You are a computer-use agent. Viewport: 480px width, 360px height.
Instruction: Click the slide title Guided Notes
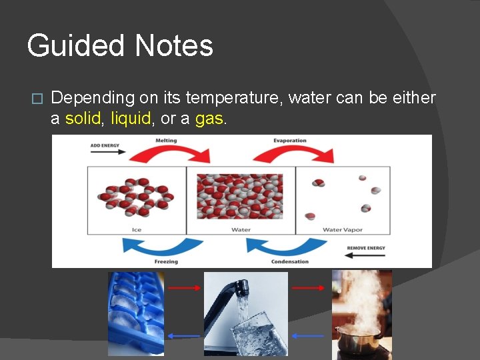coord(120,46)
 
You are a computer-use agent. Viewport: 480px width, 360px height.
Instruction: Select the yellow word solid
coord(84,119)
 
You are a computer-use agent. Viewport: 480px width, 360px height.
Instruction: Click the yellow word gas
coord(210,119)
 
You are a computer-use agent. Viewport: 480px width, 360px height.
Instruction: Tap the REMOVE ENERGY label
coord(366,248)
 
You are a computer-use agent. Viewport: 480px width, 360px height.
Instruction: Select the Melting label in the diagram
coord(166,141)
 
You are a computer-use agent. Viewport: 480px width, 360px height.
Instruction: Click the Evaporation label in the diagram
coord(289,141)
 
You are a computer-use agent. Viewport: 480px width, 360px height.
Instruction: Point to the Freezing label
coord(166,261)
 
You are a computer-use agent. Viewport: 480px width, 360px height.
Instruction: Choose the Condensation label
coord(289,261)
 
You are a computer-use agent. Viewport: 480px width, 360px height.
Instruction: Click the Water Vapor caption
coord(342,230)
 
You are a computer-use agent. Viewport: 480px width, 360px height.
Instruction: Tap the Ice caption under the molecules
coord(137,230)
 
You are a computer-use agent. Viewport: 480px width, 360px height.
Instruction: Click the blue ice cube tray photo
coord(136,313)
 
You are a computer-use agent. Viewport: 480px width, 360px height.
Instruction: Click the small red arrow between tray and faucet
coord(184,288)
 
